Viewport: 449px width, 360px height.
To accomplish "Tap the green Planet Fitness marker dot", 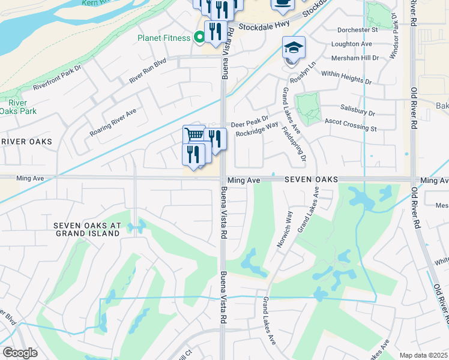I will click(200, 38).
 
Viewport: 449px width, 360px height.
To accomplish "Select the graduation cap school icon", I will click(294, 47).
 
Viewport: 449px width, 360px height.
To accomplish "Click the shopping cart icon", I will click(194, 135).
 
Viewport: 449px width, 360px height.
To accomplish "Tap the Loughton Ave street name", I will click(352, 44).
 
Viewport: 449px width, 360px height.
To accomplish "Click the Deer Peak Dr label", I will click(250, 119).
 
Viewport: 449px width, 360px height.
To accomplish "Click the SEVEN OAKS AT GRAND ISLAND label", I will click(87, 229).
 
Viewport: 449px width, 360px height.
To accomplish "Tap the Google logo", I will click(20, 353).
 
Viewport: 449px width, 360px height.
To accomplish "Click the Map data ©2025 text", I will click(423, 355).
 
